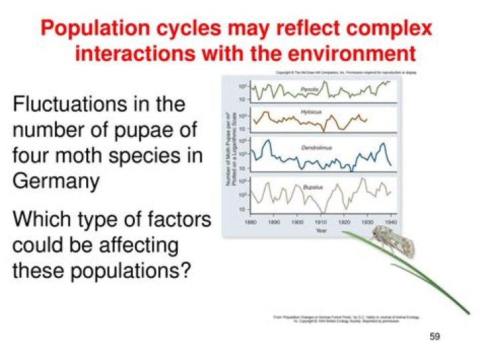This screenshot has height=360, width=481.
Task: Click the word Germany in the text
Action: click(x=56, y=181)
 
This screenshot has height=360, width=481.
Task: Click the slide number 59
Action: click(x=435, y=337)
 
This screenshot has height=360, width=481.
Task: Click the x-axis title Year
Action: click(x=321, y=230)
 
